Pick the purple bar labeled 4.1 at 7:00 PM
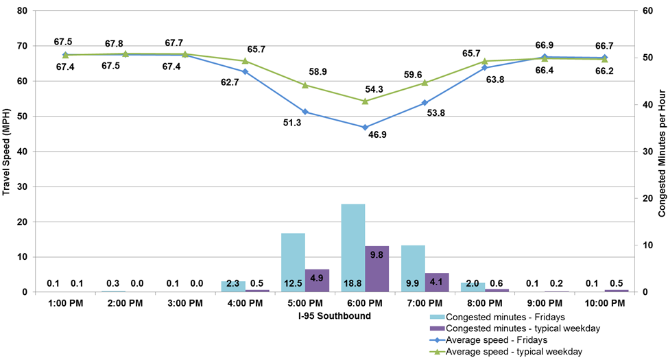(437, 282)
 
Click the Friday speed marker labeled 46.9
(365, 127)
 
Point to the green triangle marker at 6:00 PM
(365, 101)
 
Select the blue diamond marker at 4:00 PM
(245, 71)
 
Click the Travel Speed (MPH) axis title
(7, 151)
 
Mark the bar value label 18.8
(353, 283)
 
